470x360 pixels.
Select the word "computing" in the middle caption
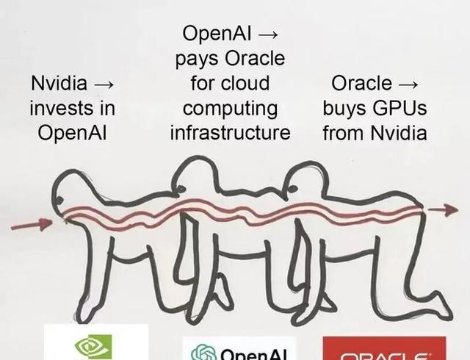[x=231, y=108]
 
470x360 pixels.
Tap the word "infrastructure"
[x=231, y=133]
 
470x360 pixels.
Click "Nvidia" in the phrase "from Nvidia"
[x=399, y=133]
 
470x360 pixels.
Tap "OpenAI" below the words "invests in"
[x=72, y=133]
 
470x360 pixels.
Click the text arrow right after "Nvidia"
[x=105, y=83]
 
